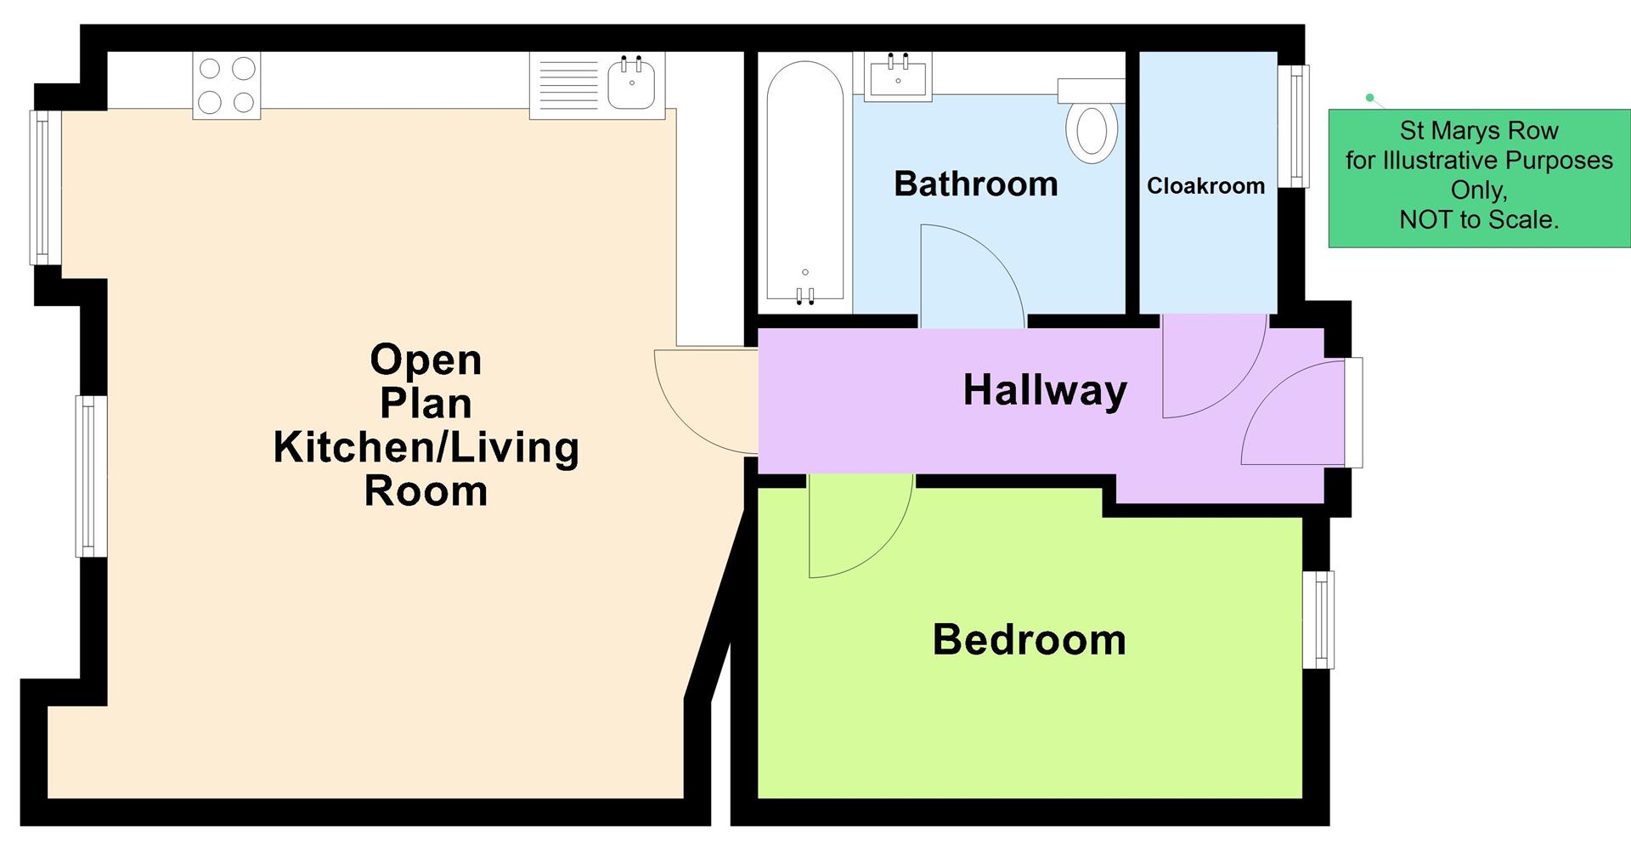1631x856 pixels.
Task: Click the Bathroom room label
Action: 975,184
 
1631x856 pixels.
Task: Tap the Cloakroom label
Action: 1205,186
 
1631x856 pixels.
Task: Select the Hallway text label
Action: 1045,390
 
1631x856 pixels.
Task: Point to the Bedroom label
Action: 1029,639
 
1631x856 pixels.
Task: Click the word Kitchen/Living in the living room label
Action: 426,447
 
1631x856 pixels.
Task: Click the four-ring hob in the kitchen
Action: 226,85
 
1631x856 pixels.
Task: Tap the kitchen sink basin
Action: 631,83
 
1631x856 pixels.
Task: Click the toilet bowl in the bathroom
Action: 1092,132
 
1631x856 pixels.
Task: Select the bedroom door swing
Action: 854,527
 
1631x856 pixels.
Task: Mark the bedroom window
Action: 1318,619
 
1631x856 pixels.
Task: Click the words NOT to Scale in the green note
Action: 1478,220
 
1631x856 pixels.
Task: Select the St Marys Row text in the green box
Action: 1478,131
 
